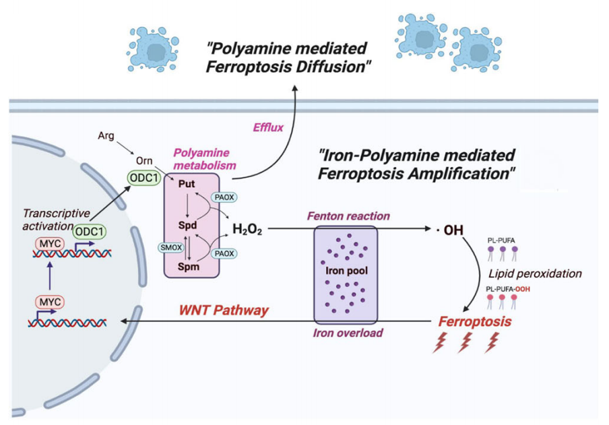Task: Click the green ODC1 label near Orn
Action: (144, 178)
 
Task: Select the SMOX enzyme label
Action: (171, 247)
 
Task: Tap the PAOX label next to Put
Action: (224, 197)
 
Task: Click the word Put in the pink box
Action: (187, 184)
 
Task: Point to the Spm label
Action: (189, 267)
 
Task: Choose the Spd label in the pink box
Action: (187, 226)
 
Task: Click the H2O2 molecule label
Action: (247, 229)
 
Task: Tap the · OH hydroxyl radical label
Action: (450, 230)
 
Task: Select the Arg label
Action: (106, 135)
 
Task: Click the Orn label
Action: (144, 160)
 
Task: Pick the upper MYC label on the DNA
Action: (50, 244)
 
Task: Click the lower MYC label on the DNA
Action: (50, 302)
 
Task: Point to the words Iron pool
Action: (346, 270)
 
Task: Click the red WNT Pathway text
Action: (224, 310)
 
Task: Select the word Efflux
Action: (268, 127)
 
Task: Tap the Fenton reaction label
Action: (348, 216)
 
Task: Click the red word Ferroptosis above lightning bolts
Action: (475, 322)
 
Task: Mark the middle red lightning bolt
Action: (465, 343)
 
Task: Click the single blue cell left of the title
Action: (153, 49)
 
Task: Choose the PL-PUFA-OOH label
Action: (508, 289)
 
